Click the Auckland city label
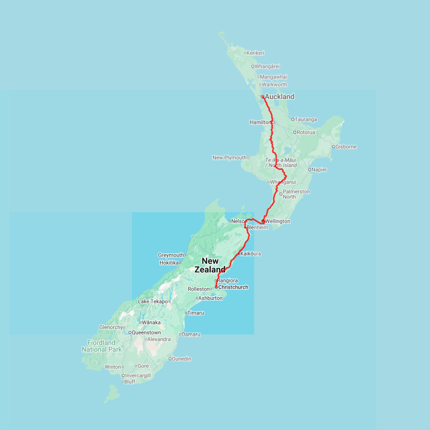point(279,97)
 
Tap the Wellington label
point(278,221)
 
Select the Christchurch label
point(233,287)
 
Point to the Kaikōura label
point(251,254)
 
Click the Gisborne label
point(346,147)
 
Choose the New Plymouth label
point(229,158)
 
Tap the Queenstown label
point(146,332)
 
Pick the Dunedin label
point(182,358)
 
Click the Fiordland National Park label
point(101,346)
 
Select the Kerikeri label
point(256,53)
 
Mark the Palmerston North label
point(296,194)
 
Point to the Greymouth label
point(171,255)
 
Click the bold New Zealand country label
point(210,265)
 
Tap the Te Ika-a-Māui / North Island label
point(281,162)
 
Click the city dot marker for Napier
point(310,170)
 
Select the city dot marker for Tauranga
point(293,119)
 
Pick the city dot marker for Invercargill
point(123,376)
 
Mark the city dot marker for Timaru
point(186,313)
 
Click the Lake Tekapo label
point(153,301)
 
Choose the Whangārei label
point(267,66)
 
